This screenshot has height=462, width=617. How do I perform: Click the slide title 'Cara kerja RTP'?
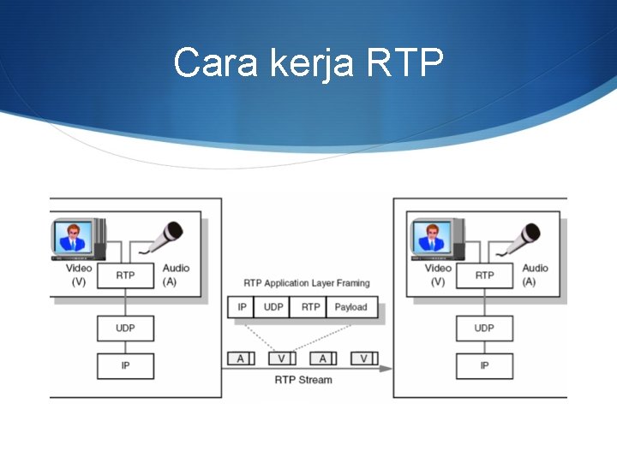[x=308, y=62]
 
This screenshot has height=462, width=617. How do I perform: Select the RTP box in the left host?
[x=125, y=275]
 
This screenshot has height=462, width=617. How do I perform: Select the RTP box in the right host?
[x=484, y=275]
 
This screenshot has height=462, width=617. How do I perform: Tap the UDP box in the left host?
[x=125, y=328]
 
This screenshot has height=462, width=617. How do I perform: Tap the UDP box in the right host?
[x=484, y=328]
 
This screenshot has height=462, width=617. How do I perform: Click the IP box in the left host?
[x=125, y=365]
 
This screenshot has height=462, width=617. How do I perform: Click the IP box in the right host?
[x=484, y=365]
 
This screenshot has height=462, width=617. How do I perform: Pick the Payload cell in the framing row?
[x=350, y=307]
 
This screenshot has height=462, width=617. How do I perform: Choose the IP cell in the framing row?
[x=242, y=307]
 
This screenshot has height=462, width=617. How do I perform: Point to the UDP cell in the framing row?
[x=273, y=307]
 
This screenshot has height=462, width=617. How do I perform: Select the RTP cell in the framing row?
[x=310, y=307]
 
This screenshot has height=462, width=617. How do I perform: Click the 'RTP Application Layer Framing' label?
[x=307, y=283]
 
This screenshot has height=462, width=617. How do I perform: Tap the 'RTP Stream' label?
[x=303, y=380]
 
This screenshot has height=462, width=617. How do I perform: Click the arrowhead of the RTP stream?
[x=386, y=369]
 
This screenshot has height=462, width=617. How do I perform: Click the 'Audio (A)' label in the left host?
[x=175, y=275]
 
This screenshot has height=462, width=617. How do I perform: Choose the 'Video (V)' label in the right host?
[x=438, y=275]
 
